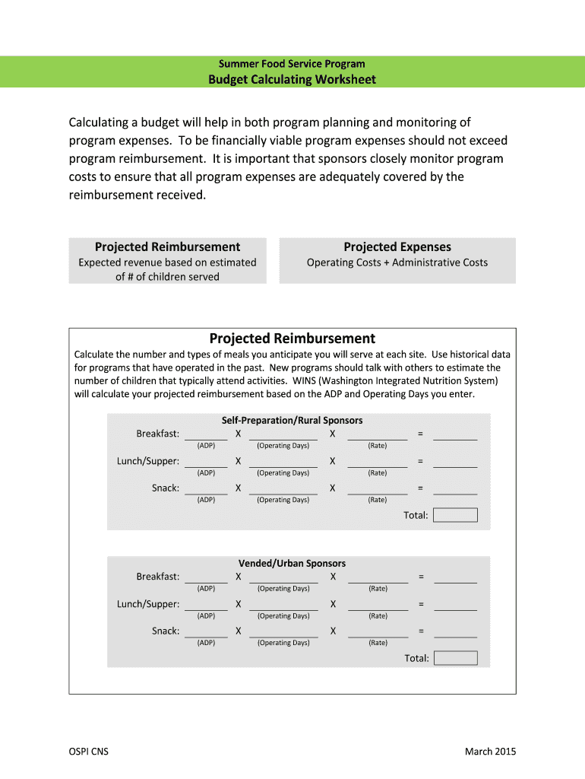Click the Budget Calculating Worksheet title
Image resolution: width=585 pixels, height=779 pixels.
tap(292, 79)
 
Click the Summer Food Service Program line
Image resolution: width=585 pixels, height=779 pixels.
tap(292, 64)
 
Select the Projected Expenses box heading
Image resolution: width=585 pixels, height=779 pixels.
tap(397, 246)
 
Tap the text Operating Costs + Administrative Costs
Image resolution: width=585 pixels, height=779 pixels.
tap(397, 262)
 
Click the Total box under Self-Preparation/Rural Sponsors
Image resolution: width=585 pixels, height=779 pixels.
tap(455, 515)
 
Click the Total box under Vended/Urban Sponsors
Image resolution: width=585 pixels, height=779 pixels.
tap(455, 658)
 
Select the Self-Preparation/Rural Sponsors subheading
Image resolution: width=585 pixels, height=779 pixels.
tap(292, 420)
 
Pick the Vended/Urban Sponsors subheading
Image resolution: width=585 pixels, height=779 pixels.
tap(292, 563)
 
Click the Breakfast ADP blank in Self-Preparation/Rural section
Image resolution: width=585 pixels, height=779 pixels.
tap(206, 435)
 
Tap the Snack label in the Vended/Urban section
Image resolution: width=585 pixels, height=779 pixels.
tap(166, 631)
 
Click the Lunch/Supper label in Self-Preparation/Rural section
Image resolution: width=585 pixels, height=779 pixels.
tap(148, 461)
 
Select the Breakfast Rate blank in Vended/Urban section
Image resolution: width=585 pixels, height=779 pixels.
tap(378, 578)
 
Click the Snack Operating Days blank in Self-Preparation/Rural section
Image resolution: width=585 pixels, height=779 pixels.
tap(283, 489)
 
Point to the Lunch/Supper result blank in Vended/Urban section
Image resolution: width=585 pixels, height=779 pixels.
tap(455, 606)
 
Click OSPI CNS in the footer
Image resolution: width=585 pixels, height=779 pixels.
tap(89, 752)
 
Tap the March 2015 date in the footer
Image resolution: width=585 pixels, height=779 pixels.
tap(490, 752)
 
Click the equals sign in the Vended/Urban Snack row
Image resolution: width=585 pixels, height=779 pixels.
tap(420, 631)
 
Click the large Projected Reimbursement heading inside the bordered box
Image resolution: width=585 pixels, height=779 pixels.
tap(292, 339)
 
